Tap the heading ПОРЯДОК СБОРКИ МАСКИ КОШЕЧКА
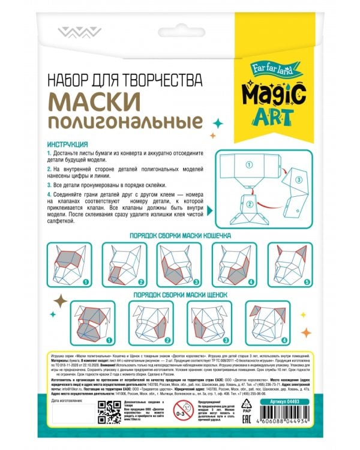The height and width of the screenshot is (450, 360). pos(180,236)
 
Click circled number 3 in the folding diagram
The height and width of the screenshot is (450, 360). pos(298,180)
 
